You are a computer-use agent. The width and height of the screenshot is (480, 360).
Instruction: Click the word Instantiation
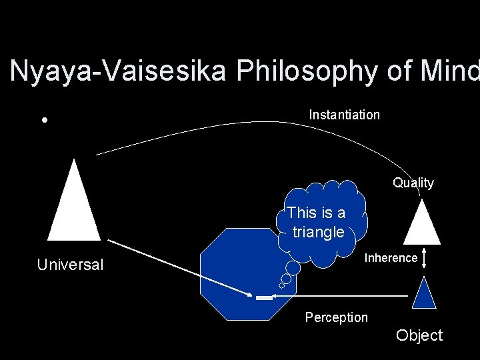344,115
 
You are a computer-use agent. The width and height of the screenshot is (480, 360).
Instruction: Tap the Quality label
413,183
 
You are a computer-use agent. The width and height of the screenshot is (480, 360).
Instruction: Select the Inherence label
391,258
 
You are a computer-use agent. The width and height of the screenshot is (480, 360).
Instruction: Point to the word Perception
336,317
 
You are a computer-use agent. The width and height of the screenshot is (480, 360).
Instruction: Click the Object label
419,335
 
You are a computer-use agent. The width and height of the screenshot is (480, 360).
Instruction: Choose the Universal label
70,265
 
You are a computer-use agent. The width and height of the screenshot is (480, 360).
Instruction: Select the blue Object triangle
424,295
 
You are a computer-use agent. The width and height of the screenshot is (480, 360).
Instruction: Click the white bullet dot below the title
43,121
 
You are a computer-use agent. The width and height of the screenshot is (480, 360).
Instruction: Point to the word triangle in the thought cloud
318,232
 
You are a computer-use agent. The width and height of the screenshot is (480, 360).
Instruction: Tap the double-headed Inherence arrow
425,259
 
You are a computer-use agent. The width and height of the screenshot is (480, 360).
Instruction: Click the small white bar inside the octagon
264,297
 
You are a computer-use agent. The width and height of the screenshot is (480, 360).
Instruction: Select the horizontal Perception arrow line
347,295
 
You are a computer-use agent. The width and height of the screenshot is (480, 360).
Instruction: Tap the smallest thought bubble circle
281,286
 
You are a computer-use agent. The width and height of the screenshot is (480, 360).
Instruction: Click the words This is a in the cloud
316,213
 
